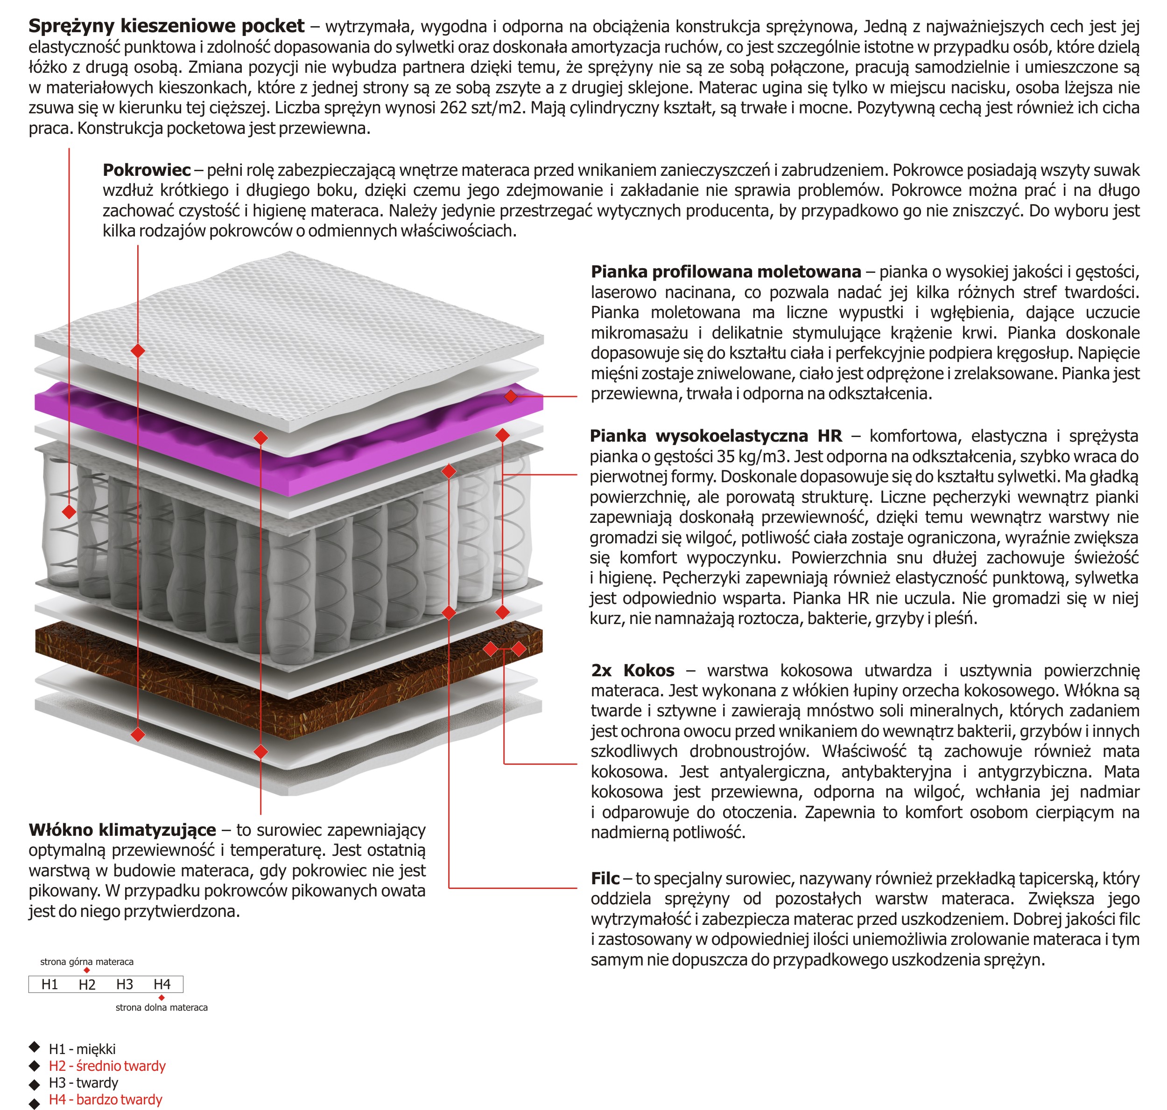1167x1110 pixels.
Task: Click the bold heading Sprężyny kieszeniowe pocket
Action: (x=166, y=26)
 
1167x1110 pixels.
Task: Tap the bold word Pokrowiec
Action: (x=146, y=170)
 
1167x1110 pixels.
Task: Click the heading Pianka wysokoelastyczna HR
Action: (x=715, y=436)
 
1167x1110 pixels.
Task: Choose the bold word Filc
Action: (x=605, y=879)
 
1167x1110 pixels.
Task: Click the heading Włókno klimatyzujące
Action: (x=122, y=830)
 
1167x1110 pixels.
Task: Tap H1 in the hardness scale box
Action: (x=50, y=985)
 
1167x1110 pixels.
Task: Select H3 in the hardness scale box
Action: (x=124, y=985)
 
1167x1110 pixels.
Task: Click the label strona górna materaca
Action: (x=86, y=962)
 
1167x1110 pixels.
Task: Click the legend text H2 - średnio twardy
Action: (x=107, y=1066)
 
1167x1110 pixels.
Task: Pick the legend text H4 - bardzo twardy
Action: (x=105, y=1099)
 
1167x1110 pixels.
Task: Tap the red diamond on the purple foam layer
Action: (x=510, y=396)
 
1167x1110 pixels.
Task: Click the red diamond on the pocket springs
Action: (x=69, y=512)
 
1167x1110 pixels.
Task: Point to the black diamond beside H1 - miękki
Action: (x=35, y=1048)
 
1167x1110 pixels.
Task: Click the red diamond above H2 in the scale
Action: (x=87, y=971)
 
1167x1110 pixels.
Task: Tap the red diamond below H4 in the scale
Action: (x=162, y=998)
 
